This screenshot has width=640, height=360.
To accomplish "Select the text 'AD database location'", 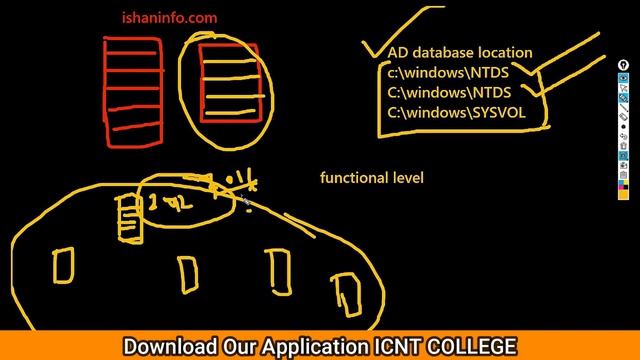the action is [460, 53].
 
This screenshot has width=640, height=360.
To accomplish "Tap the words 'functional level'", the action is [372, 177].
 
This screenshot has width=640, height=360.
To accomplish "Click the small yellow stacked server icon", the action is [129, 217].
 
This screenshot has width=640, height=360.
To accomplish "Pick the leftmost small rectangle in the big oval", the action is [63, 265].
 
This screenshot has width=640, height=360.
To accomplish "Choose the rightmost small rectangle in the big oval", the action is [348, 292].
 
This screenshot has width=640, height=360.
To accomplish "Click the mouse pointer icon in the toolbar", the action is [623, 88].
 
